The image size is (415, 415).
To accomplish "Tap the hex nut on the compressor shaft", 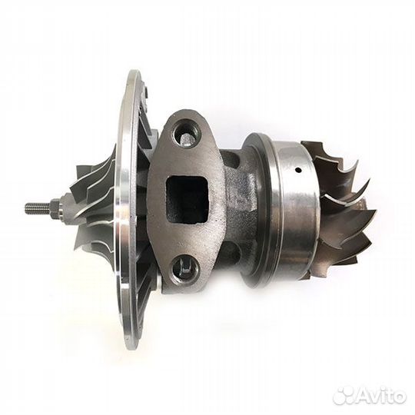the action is (x=55, y=207).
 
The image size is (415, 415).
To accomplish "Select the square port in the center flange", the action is (x=188, y=198).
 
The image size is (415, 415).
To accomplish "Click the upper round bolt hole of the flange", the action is (x=185, y=133).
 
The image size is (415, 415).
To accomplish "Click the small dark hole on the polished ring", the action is (x=298, y=170).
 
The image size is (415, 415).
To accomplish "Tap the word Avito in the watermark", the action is (x=381, y=396).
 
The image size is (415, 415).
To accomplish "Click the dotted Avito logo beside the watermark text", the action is (x=344, y=396).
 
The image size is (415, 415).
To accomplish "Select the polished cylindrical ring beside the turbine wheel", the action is (x=294, y=207).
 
